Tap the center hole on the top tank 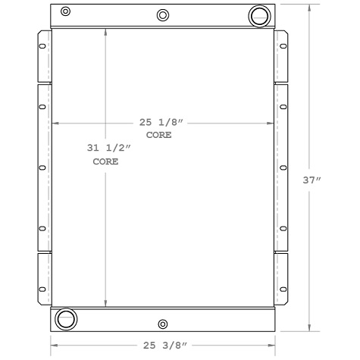163,15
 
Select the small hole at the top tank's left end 66,11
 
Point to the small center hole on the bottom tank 162,324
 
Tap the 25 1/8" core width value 162,122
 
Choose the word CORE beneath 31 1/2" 105,161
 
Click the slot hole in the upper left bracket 42,47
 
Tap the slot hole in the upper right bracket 283,47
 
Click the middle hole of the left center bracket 42,167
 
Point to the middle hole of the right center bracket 283,167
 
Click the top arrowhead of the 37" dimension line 309,6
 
